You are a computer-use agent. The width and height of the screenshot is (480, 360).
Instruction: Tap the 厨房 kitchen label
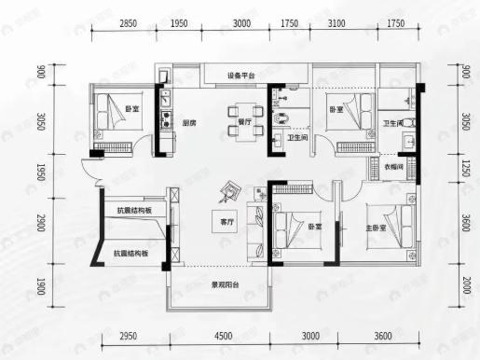[188, 122]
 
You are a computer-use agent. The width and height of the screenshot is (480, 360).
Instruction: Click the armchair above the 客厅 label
[228, 194]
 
